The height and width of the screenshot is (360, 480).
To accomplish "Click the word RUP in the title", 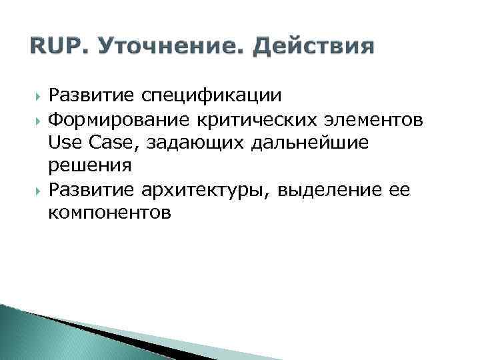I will tap(47, 47).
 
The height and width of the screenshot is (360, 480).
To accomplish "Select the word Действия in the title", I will tap(315, 47).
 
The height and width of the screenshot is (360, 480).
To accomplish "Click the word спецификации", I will tap(211, 97).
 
